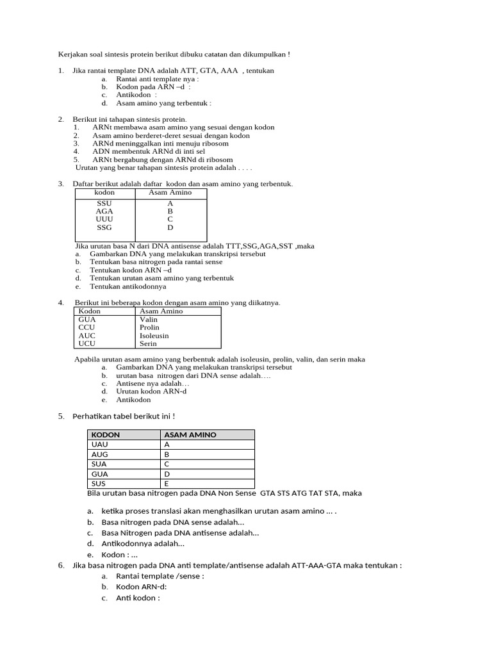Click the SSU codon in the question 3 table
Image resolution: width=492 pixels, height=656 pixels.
click(x=104, y=203)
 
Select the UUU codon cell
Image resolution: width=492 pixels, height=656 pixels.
click(x=104, y=219)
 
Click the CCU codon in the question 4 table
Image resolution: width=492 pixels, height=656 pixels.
click(x=86, y=327)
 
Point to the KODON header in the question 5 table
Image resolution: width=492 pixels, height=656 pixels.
click(x=106, y=435)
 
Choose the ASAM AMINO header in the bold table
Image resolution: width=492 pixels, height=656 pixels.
click(x=190, y=435)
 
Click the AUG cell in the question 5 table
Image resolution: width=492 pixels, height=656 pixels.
click(x=101, y=454)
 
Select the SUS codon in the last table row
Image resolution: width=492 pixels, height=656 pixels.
click(x=99, y=484)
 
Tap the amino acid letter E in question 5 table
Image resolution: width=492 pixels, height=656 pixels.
click(x=167, y=484)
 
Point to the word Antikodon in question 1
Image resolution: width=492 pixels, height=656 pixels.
click(x=133, y=95)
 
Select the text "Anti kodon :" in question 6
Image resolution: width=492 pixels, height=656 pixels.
click(x=138, y=598)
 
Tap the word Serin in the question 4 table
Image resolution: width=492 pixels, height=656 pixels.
click(x=149, y=343)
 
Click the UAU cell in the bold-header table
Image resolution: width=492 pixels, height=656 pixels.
click(x=101, y=445)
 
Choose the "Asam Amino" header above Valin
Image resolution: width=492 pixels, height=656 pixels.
click(x=161, y=311)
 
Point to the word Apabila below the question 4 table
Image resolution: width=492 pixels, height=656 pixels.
click(x=88, y=359)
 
